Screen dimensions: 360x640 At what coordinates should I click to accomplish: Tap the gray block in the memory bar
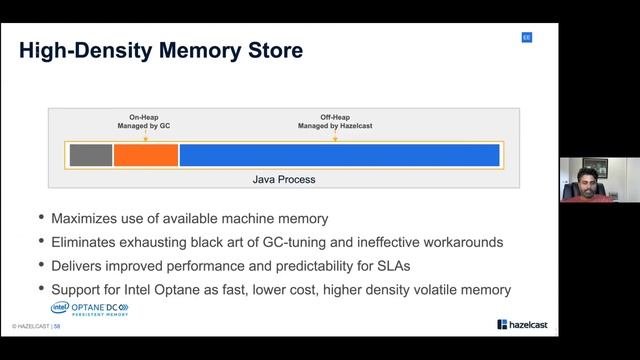tap(90, 155)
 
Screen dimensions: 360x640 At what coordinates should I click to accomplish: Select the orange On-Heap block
tap(145, 155)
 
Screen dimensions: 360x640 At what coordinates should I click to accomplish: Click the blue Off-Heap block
tap(339, 155)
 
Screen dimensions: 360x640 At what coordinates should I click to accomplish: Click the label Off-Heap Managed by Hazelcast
tap(335, 122)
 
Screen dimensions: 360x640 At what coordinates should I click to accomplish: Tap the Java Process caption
tap(283, 180)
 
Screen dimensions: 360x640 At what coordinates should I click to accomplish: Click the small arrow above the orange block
tap(145, 138)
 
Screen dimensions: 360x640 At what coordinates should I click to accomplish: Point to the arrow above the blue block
tap(335, 138)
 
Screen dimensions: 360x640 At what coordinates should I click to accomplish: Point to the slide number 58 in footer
tap(57, 327)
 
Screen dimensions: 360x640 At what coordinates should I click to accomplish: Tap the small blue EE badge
tap(526, 37)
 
